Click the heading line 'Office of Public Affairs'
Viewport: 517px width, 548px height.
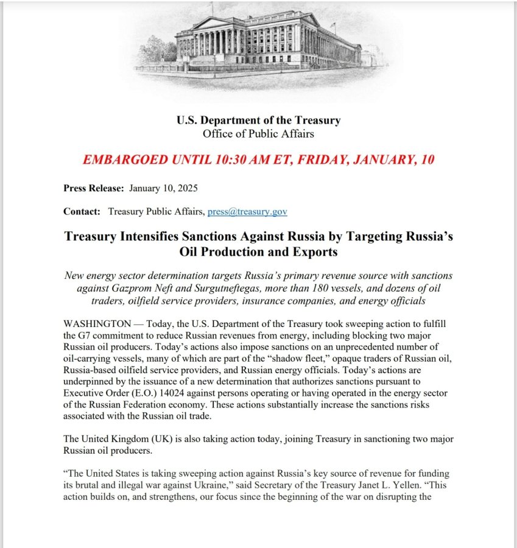coord(258,133)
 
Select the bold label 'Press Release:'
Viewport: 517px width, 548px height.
coord(94,188)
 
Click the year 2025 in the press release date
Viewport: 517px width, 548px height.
coord(186,188)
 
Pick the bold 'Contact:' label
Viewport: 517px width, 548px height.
coord(82,211)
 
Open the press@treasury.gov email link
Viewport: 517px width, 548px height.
coord(247,211)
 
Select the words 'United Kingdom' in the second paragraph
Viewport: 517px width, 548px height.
coord(113,439)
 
